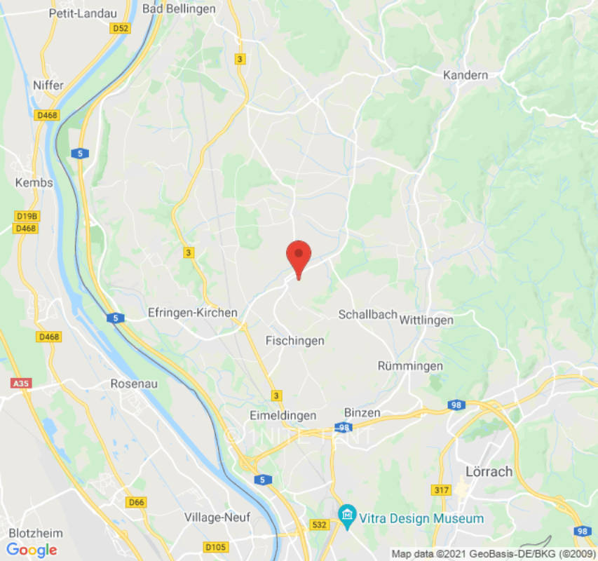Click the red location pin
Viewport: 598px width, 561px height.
click(299, 257)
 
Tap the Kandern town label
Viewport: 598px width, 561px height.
click(466, 75)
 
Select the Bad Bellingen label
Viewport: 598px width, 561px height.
click(179, 8)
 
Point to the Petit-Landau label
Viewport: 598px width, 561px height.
click(77, 13)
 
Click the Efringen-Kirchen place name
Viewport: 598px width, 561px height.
click(193, 313)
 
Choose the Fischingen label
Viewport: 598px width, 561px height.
click(295, 341)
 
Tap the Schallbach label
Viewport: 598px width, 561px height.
click(368, 315)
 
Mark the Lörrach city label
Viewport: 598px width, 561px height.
click(489, 471)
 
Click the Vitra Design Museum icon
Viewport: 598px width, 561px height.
click(346, 518)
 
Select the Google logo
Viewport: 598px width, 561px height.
click(32, 550)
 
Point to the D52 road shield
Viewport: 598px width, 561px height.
click(121, 28)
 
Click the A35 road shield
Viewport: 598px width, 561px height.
click(22, 384)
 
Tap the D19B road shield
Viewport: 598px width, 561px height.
click(27, 216)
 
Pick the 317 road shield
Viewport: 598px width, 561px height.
click(442, 490)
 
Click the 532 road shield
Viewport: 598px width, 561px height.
click(319, 525)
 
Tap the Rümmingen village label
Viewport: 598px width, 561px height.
click(410, 366)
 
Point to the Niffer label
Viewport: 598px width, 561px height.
click(48, 85)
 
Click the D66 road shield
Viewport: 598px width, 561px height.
click(136, 502)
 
